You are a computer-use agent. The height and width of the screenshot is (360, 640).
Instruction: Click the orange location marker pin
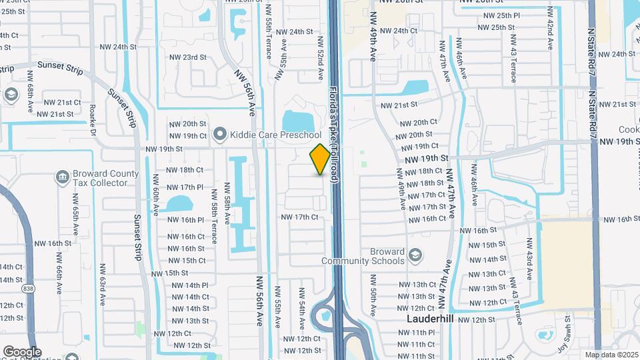click(x=320, y=159)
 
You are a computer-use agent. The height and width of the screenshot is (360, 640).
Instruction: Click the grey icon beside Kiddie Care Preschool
click(x=219, y=135)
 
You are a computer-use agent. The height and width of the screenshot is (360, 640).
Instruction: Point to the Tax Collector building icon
click(x=62, y=177)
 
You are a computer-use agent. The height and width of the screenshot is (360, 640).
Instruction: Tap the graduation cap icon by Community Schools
click(x=415, y=255)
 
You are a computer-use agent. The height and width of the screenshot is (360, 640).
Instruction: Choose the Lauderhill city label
click(x=430, y=319)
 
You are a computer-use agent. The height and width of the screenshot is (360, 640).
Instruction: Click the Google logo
click(x=22, y=352)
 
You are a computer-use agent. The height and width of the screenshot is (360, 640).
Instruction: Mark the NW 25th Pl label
click(x=501, y=15)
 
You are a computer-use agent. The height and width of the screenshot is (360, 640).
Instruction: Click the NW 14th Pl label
click(x=190, y=285)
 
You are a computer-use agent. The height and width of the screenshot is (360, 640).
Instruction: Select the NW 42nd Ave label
click(x=550, y=29)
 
